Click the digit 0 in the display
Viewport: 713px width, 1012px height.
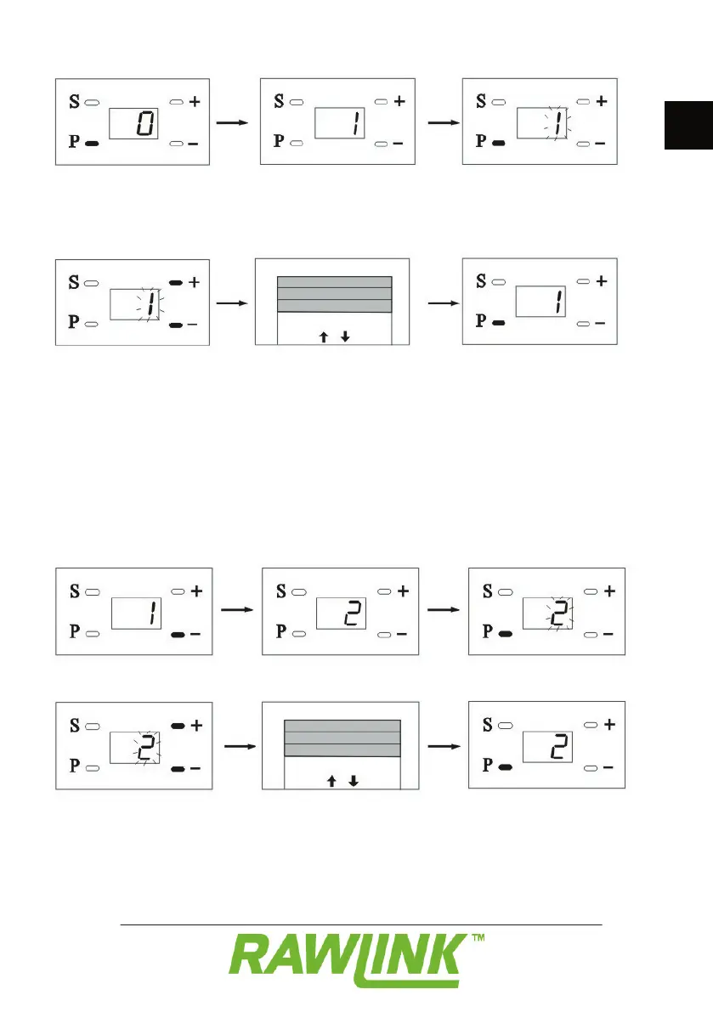(x=146, y=126)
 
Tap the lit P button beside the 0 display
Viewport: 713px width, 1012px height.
(x=93, y=144)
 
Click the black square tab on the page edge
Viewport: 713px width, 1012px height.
(x=688, y=126)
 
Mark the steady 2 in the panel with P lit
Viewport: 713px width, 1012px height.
(x=557, y=749)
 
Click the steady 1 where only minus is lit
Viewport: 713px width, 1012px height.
(x=150, y=613)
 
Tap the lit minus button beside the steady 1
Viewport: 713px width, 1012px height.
(x=178, y=635)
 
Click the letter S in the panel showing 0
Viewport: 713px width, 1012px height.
(x=73, y=102)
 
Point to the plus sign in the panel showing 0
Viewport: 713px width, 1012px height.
(x=195, y=102)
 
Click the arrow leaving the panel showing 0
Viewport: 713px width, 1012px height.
(x=232, y=123)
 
